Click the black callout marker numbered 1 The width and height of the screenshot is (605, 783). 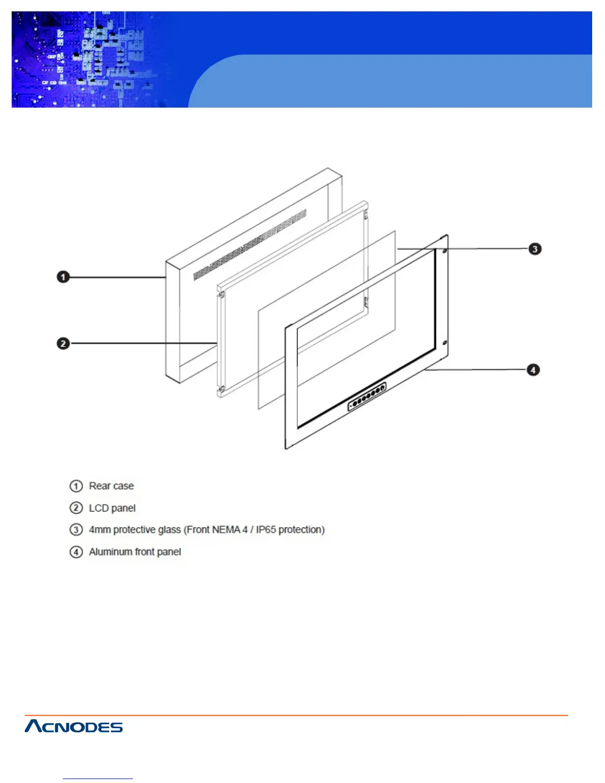(x=63, y=277)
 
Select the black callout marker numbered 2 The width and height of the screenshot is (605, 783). (x=63, y=344)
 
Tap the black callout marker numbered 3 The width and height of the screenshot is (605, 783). (x=535, y=249)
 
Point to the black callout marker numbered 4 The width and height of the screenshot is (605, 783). (x=533, y=370)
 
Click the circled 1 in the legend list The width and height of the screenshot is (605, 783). (x=76, y=486)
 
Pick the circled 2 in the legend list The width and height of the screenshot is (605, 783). (x=76, y=508)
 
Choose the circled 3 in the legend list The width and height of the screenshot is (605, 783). (x=76, y=530)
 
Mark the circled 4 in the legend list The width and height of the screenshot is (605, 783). (x=76, y=552)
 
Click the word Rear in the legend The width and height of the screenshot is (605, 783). (x=99, y=486)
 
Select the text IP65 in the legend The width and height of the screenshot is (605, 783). (x=265, y=530)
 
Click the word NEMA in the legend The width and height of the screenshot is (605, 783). (x=226, y=530)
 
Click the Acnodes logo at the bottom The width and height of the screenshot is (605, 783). (x=74, y=726)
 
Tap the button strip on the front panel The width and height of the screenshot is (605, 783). (x=367, y=397)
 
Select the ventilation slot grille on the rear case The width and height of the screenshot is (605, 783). (x=250, y=245)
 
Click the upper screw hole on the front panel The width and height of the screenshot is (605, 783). (x=444, y=251)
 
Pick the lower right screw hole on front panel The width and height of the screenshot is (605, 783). (x=444, y=343)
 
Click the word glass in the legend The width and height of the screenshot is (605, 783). (x=169, y=530)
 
